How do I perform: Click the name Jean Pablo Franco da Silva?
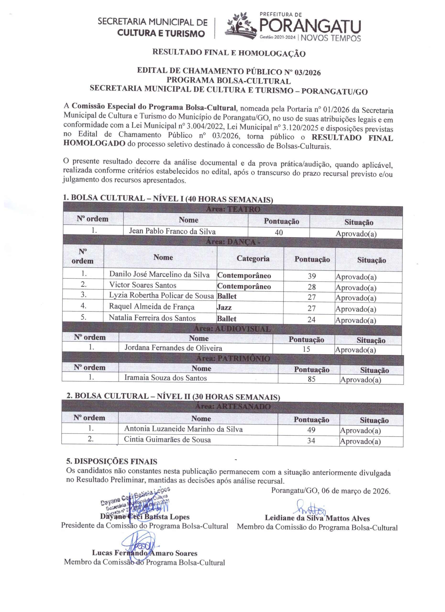tap(172, 231)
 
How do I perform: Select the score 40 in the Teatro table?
tap(279, 232)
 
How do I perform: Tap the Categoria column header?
tap(253, 258)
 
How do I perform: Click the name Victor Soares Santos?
tap(143, 285)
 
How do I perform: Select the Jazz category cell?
tap(224, 307)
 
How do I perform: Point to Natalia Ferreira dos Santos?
tap(152, 318)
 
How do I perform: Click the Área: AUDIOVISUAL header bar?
tap(232, 329)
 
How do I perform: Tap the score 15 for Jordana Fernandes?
tap(306, 349)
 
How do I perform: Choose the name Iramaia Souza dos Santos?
tap(165, 378)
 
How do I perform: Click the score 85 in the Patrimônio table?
tap(311, 379)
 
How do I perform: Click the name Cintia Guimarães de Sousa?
tap(167, 440)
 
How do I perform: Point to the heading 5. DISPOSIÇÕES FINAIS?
tap(112, 461)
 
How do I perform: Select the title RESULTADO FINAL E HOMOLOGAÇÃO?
tap(229, 52)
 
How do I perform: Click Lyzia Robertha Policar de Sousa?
tap(161, 296)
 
